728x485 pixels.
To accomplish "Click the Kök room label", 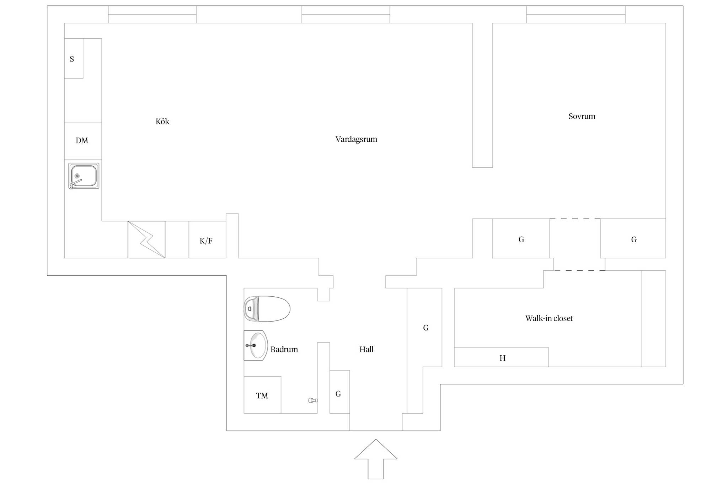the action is pyautogui.click(x=162, y=122).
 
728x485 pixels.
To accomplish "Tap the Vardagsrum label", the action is pyautogui.click(x=356, y=139).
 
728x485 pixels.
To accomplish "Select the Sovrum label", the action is pyautogui.click(x=582, y=116).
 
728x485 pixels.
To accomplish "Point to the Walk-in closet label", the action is pyautogui.click(x=549, y=318).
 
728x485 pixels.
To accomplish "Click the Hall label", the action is pyautogui.click(x=366, y=349).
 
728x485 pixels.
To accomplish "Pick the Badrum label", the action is pyautogui.click(x=284, y=349).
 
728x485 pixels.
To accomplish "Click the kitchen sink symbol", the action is pyautogui.click(x=84, y=176).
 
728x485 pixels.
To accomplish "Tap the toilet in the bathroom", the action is pyautogui.click(x=267, y=309).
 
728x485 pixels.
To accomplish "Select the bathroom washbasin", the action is pyautogui.click(x=256, y=345).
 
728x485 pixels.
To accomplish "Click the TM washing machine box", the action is pyautogui.click(x=262, y=395).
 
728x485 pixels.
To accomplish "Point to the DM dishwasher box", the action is pyautogui.click(x=83, y=141).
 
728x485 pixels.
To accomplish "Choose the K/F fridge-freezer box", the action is pyautogui.click(x=207, y=239).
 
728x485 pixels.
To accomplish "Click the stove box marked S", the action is pyautogui.click(x=74, y=58).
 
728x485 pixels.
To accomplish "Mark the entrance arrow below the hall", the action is pyautogui.click(x=376, y=459).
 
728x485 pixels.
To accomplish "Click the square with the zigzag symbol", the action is pyautogui.click(x=146, y=239).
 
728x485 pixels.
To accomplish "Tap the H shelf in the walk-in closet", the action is pyautogui.click(x=501, y=357).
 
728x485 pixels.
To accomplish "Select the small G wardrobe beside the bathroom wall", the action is pyautogui.click(x=339, y=392).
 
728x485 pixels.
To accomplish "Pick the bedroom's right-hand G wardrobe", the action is pyautogui.click(x=633, y=238).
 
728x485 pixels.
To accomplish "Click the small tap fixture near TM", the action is pyautogui.click(x=313, y=400).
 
